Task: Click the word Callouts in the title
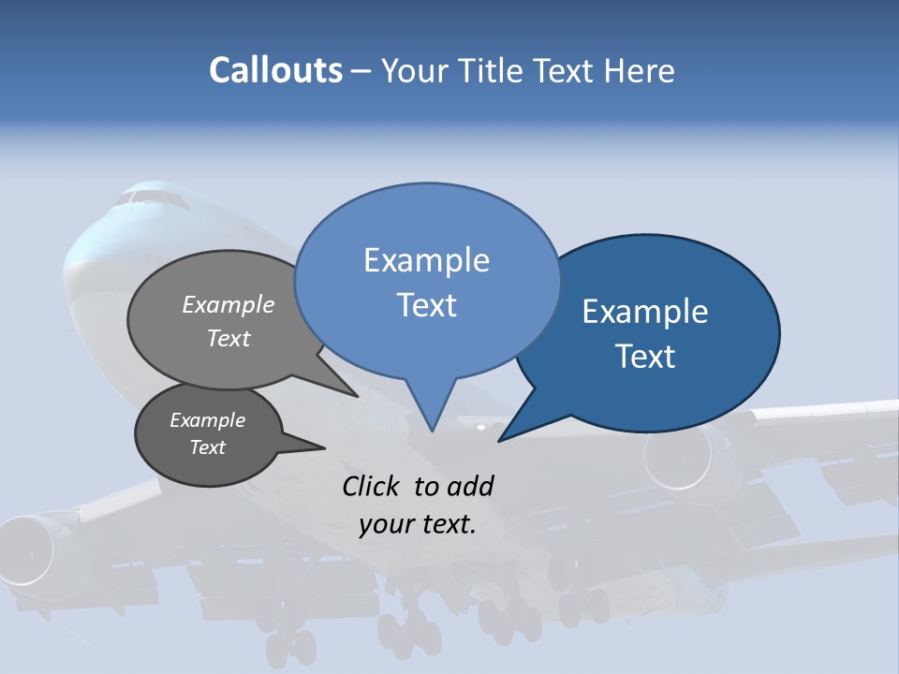pyautogui.click(x=275, y=70)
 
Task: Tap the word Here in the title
pyautogui.click(x=636, y=71)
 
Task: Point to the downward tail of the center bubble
pyautogui.click(x=431, y=412)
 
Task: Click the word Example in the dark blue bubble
pyautogui.click(x=645, y=312)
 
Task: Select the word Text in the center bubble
pyautogui.click(x=426, y=305)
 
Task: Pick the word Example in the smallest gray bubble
pyautogui.click(x=207, y=420)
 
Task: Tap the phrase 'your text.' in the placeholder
pyautogui.click(x=418, y=524)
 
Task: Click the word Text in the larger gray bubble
pyautogui.click(x=228, y=338)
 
